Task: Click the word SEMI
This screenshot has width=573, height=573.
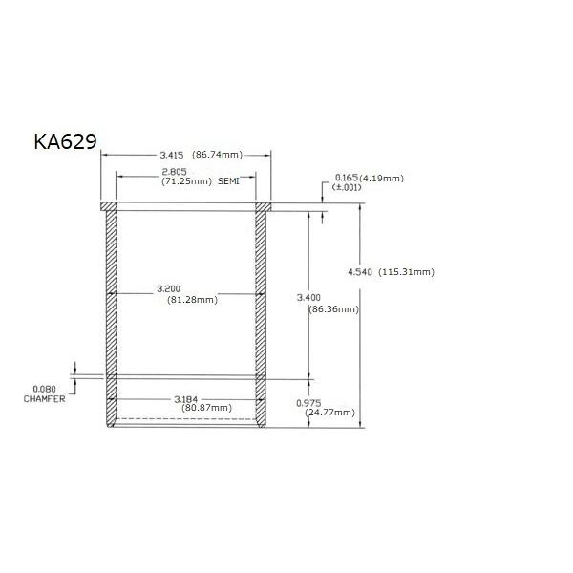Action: [x=230, y=180]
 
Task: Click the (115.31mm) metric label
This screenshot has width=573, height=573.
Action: [x=407, y=272]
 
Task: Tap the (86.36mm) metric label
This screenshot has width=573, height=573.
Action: [x=333, y=309]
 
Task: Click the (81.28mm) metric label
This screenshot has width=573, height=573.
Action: [x=192, y=299]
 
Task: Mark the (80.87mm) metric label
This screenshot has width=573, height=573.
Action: [x=206, y=408]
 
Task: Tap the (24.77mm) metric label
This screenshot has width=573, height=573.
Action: [x=329, y=413]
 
